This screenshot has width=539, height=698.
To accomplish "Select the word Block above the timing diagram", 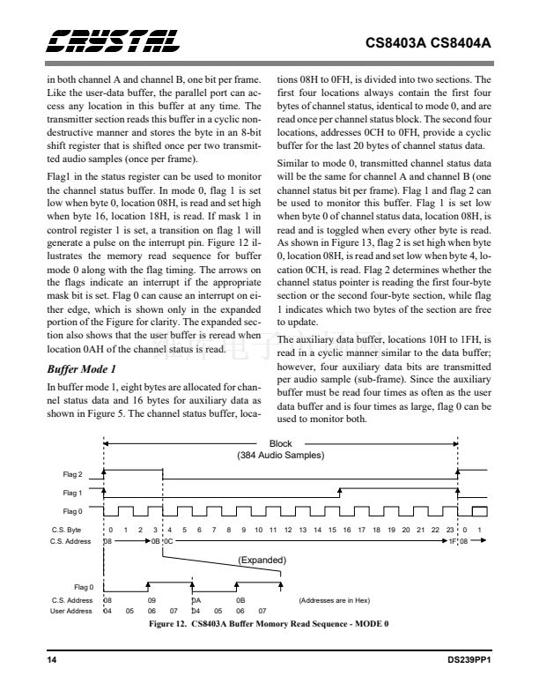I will pos(281,444).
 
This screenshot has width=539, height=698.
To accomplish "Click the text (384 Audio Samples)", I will pos(281,456).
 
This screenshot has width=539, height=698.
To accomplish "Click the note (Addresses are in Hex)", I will pos(335,600).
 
